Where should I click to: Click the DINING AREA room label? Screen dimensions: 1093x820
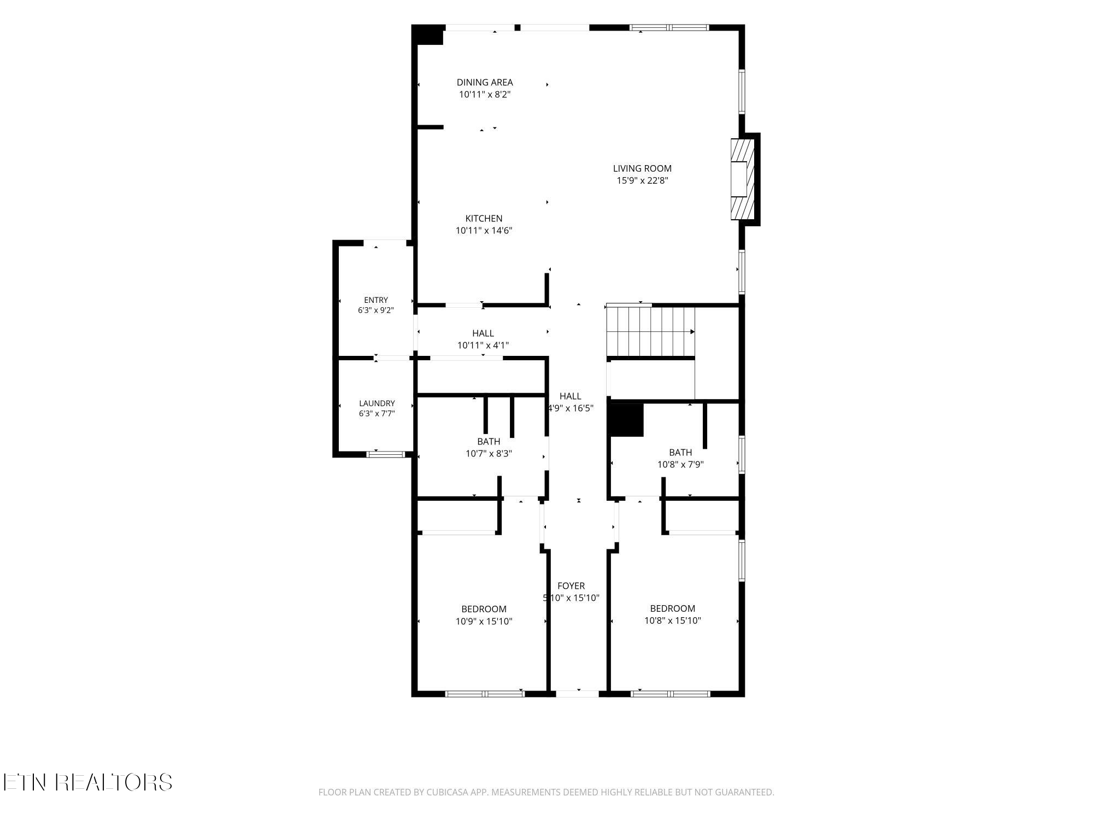pyautogui.click(x=485, y=83)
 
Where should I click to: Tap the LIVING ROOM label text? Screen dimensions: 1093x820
pyautogui.click(x=642, y=168)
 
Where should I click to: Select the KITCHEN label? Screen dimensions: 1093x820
pyautogui.click(x=484, y=219)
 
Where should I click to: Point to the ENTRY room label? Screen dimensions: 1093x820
pyautogui.click(x=376, y=300)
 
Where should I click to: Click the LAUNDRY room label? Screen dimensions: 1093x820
pyautogui.click(x=377, y=403)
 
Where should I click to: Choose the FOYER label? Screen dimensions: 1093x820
pyautogui.click(x=571, y=586)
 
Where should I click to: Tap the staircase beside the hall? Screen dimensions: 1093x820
pyautogui.click(x=650, y=332)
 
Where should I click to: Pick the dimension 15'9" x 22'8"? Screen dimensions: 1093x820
pyautogui.click(x=642, y=180)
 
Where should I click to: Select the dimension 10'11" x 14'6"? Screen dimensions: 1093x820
pyautogui.click(x=484, y=231)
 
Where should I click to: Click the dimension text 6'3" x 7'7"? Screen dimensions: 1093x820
pyautogui.click(x=377, y=414)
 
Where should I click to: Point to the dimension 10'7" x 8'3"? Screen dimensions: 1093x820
pyautogui.click(x=489, y=454)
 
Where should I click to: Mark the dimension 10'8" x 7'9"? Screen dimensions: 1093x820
pyautogui.click(x=680, y=465)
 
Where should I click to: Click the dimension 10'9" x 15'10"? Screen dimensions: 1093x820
pyautogui.click(x=484, y=622)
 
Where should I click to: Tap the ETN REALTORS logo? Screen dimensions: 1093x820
pyautogui.click(x=88, y=782)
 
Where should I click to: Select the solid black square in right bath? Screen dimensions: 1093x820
pyautogui.click(x=627, y=420)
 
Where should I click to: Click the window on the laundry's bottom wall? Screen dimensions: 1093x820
pyautogui.click(x=386, y=454)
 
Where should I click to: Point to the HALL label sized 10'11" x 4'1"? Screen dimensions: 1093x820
pyautogui.click(x=483, y=333)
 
